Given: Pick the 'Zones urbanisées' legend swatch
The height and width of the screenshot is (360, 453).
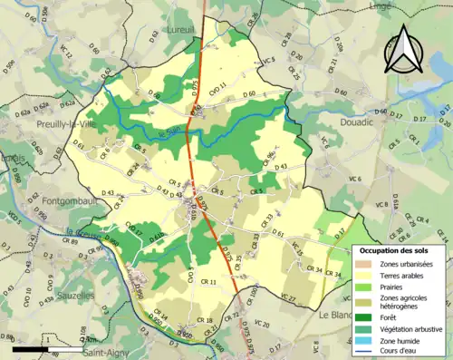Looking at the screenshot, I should [x=366, y=263].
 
